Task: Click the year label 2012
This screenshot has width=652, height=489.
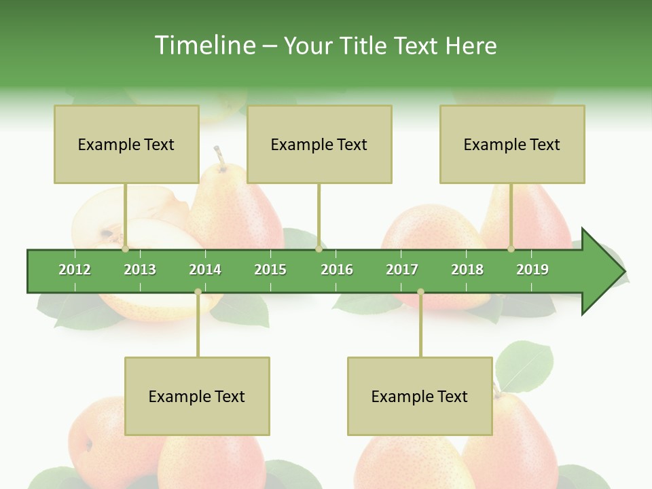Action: coord(75,270)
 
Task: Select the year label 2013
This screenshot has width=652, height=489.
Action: coord(140,270)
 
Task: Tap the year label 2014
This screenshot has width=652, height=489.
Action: coord(205,270)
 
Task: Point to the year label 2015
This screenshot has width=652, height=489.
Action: coord(270,270)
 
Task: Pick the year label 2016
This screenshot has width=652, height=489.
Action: coord(337,270)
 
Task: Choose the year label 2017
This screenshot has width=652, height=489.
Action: coord(402,270)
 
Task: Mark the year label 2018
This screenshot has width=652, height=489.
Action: coord(467,270)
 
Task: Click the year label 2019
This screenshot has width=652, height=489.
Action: coord(532,270)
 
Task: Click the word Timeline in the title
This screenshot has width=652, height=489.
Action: coord(203,46)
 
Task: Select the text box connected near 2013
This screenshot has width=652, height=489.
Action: coord(126,144)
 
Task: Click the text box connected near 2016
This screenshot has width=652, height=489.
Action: coord(319,144)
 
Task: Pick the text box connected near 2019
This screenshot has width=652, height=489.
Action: coord(512,144)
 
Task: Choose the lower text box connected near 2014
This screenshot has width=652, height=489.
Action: coord(197,396)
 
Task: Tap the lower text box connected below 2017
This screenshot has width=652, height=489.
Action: coord(420,396)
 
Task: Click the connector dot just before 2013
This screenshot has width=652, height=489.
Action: coord(126,249)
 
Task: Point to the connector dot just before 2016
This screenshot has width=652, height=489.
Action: coord(319,249)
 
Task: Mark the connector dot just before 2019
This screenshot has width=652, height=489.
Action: coord(511,249)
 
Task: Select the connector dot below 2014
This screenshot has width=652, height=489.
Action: coord(198,291)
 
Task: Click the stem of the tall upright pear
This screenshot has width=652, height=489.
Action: coord(219,156)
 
